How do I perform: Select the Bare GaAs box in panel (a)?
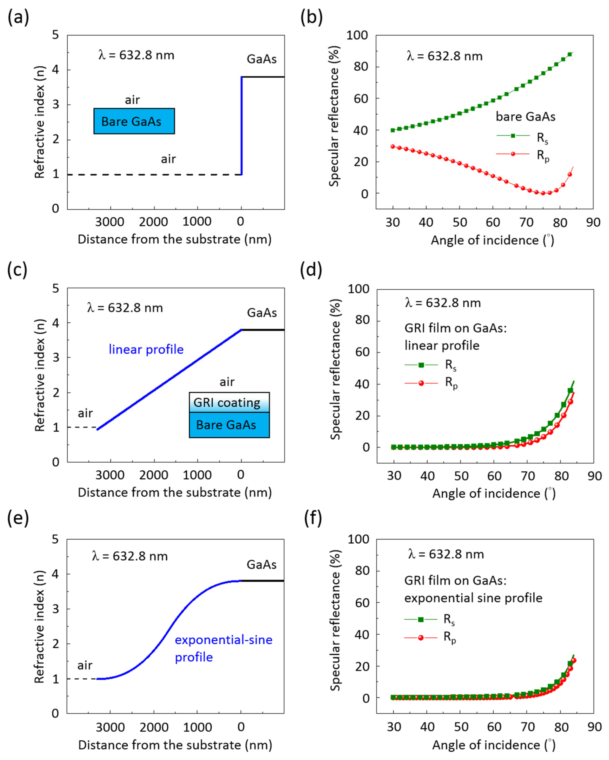click(x=134, y=121)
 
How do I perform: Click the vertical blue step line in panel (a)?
click(x=241, y=127)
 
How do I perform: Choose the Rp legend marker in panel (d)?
click(x=421, y=383)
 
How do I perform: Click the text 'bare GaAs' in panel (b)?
click(x=525, y=117)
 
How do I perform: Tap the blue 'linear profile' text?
click(x=146, y=349)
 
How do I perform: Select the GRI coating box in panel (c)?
click(x=229, y=403)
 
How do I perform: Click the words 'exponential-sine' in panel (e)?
click(x=224, y=639)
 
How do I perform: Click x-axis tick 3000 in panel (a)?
click(x=110, y=222)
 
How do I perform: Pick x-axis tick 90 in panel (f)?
click(x=594, y=727)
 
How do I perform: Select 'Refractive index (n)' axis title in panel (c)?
click(x=40, y=375)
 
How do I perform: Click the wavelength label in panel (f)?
click(x=446, y=554)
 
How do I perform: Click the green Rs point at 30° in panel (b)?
click(x=393, y=130)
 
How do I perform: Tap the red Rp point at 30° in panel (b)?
click(x=393, y=146)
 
